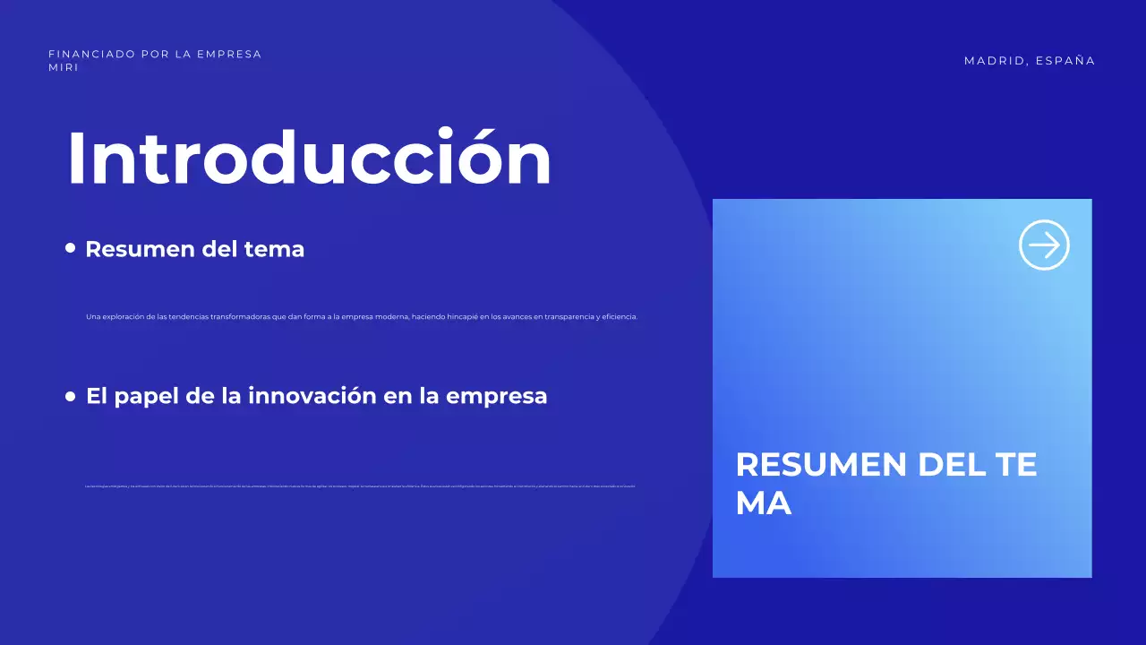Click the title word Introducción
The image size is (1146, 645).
pyautogui.click(x=309, y=158)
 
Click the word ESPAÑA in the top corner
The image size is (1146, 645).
pyautogui.click(x=1065, y=61)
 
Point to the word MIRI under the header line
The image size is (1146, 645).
pyautogui.click(x=64, y=67)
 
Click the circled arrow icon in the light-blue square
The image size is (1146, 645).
pyautogui.click(x=1044, y=245)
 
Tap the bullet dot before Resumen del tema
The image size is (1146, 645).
pyautogui.click(x=71, y=248)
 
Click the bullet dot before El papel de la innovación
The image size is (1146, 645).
pyautogui.click(x=71, y=396)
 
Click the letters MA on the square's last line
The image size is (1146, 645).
pyautogui.click(x=763, y=503)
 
